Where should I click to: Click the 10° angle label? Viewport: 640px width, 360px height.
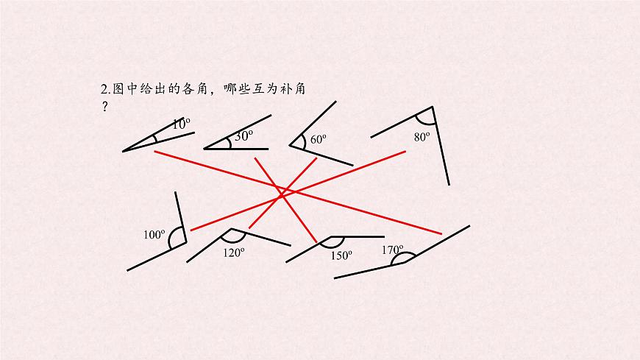(x=181, y=124)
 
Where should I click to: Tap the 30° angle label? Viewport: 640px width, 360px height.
(x=243, y=135)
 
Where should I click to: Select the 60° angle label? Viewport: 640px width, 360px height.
(x=318, y=139)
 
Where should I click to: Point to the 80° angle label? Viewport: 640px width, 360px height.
(x=422, y=137)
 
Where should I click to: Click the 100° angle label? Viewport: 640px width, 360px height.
(x=154, y=235)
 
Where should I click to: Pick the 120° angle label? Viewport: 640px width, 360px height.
(x=233, y=253)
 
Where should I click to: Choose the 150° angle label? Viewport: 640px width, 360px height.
(x=341, y=255)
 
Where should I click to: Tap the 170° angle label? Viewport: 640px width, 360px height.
(x=392, y=250)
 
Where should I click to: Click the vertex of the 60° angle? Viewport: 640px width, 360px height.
(x=289, y=145)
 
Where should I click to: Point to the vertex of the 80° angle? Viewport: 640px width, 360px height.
(x=433, y=107)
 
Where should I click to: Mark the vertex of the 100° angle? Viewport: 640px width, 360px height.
(x=186, y=242)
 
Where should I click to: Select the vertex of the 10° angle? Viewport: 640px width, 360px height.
(x=123, y=152)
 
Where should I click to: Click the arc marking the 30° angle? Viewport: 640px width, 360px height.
(x=230, y=143)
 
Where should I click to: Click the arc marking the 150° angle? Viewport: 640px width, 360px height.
(x=332, y=247)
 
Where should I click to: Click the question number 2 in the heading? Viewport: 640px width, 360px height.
(x=104, y=89)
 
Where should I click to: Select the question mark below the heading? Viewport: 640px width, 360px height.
(x=105, y=107)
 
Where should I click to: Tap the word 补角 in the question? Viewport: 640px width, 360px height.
(x=293, y=88)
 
